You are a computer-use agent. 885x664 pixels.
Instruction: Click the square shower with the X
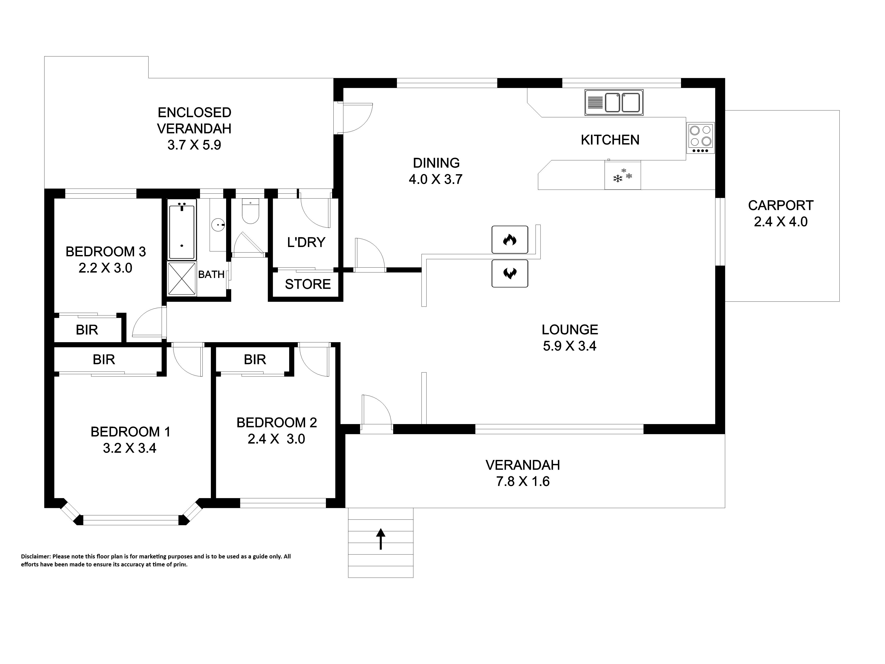[182, 279]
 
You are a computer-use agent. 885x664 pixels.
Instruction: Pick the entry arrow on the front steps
[381, 539]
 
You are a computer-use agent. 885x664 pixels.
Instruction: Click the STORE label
[308, 284]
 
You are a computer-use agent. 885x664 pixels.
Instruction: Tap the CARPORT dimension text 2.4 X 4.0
[781, 222]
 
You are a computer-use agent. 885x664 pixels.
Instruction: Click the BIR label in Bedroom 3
[87, 330]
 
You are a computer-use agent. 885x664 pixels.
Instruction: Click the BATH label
[211, 275]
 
